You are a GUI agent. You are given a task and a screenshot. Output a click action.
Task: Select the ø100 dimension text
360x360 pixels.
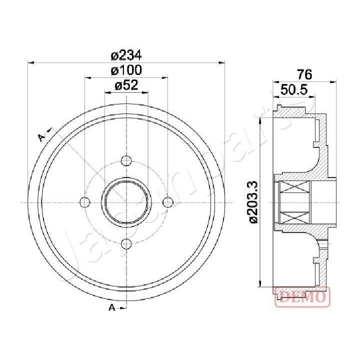[126, 70]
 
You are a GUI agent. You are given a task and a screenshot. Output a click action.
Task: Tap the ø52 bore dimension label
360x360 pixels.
[126, 85]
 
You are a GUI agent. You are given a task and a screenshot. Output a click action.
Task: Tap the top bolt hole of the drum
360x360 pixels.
[126, 161]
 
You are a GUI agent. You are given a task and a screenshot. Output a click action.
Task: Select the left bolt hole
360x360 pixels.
[85, 202]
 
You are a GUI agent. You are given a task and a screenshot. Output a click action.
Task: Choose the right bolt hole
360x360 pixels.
[168, 202]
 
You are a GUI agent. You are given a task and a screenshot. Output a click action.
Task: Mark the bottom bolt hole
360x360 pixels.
[126, 243]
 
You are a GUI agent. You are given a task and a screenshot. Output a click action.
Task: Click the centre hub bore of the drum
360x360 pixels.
[126, 202]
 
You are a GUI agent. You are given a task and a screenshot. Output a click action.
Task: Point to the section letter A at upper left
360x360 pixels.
[42, 136]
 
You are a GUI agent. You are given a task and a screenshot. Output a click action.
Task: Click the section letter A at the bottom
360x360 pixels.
[112, 307]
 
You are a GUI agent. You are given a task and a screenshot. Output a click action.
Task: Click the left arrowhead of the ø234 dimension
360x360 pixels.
[31, 62]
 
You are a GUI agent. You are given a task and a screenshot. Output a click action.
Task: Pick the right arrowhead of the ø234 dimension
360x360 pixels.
[222, 62]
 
